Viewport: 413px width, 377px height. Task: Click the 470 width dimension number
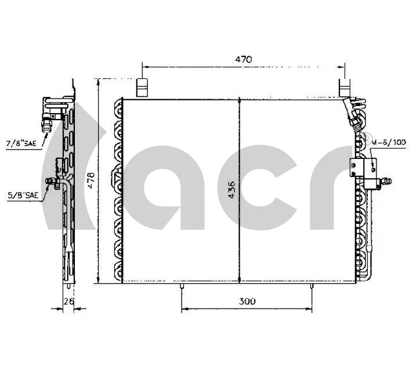(243, 59)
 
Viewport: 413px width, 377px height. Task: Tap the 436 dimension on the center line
(232, 190)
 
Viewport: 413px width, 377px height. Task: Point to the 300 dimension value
(247, 301)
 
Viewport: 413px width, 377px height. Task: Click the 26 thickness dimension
(67, 301)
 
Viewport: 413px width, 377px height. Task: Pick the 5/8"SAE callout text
(23, 195)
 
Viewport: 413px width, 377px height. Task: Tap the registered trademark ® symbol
(367, 137)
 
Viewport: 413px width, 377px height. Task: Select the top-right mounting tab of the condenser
(343, 88)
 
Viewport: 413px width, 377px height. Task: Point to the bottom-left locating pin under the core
(182, 287)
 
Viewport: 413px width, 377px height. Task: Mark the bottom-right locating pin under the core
(312, 287)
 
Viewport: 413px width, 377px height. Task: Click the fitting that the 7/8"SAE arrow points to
(48, 121)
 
